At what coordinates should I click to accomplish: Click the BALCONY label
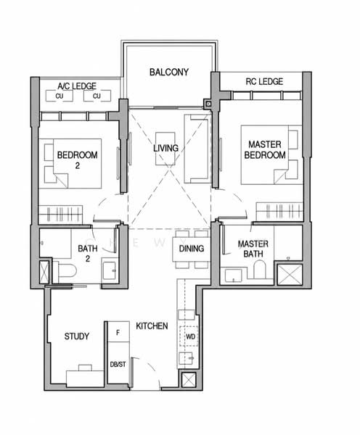click(x=169, y=72)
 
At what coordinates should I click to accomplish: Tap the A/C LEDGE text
click(x=77, y=86)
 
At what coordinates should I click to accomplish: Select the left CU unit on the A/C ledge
click(x=60, y=96)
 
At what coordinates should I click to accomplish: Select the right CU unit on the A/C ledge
click(x=97, y=96)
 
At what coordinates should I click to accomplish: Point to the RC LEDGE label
click(x=264, y=81)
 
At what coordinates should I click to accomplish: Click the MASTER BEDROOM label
click(x=265, y=149)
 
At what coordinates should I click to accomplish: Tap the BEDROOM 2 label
click(x=77, y=159)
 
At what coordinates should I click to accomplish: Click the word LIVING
click(x=165, y=148)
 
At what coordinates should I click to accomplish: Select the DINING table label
click(x=192, y=248)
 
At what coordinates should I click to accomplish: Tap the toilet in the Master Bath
click(x=259, y=269)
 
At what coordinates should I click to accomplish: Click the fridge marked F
click(x=118, y=332)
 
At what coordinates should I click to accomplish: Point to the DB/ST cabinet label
click(x=118, y=365)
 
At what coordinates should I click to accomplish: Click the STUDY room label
click(x=77, y=336)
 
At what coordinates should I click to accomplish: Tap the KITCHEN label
click(x=152, y=326)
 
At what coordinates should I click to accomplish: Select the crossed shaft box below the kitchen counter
click(x=189, y=380)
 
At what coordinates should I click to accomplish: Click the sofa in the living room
click(x=197, y=149)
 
